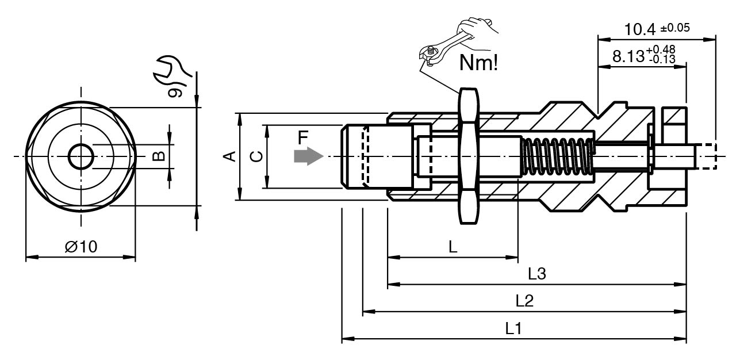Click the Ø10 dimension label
pos(81,247)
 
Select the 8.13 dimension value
pos(630,56)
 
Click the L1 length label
pos(513,329)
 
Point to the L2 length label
pos(524,301)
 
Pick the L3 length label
pos(536,274)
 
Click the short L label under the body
pos(453,247)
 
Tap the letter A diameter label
pos(229,156)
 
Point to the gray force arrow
pos(308,156)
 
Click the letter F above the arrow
pos(304,137)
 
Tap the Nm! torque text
pos(478,63)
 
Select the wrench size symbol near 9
pos(168,67)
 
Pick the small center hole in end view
pos(80,156)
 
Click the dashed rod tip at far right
pos(707,156)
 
